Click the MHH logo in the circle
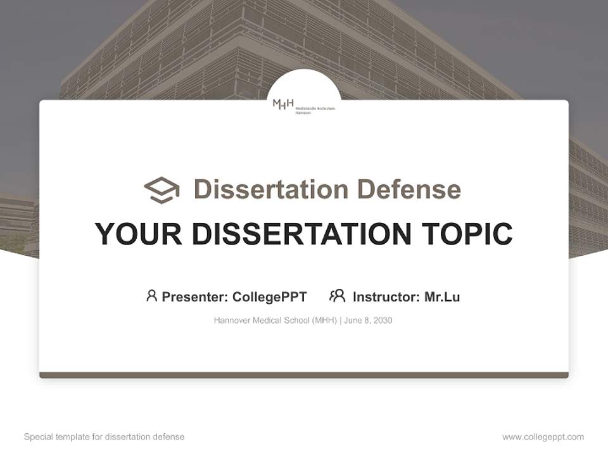303,106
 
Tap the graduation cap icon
161,189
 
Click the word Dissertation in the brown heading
270,189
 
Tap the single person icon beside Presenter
151,296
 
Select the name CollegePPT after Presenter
270,296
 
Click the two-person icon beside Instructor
338,296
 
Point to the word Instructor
386,296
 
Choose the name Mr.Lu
442,296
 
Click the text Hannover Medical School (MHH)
275,320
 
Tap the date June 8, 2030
369,320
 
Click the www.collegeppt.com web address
543,437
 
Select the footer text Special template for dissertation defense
104,437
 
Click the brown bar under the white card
304,375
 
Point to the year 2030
383,320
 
